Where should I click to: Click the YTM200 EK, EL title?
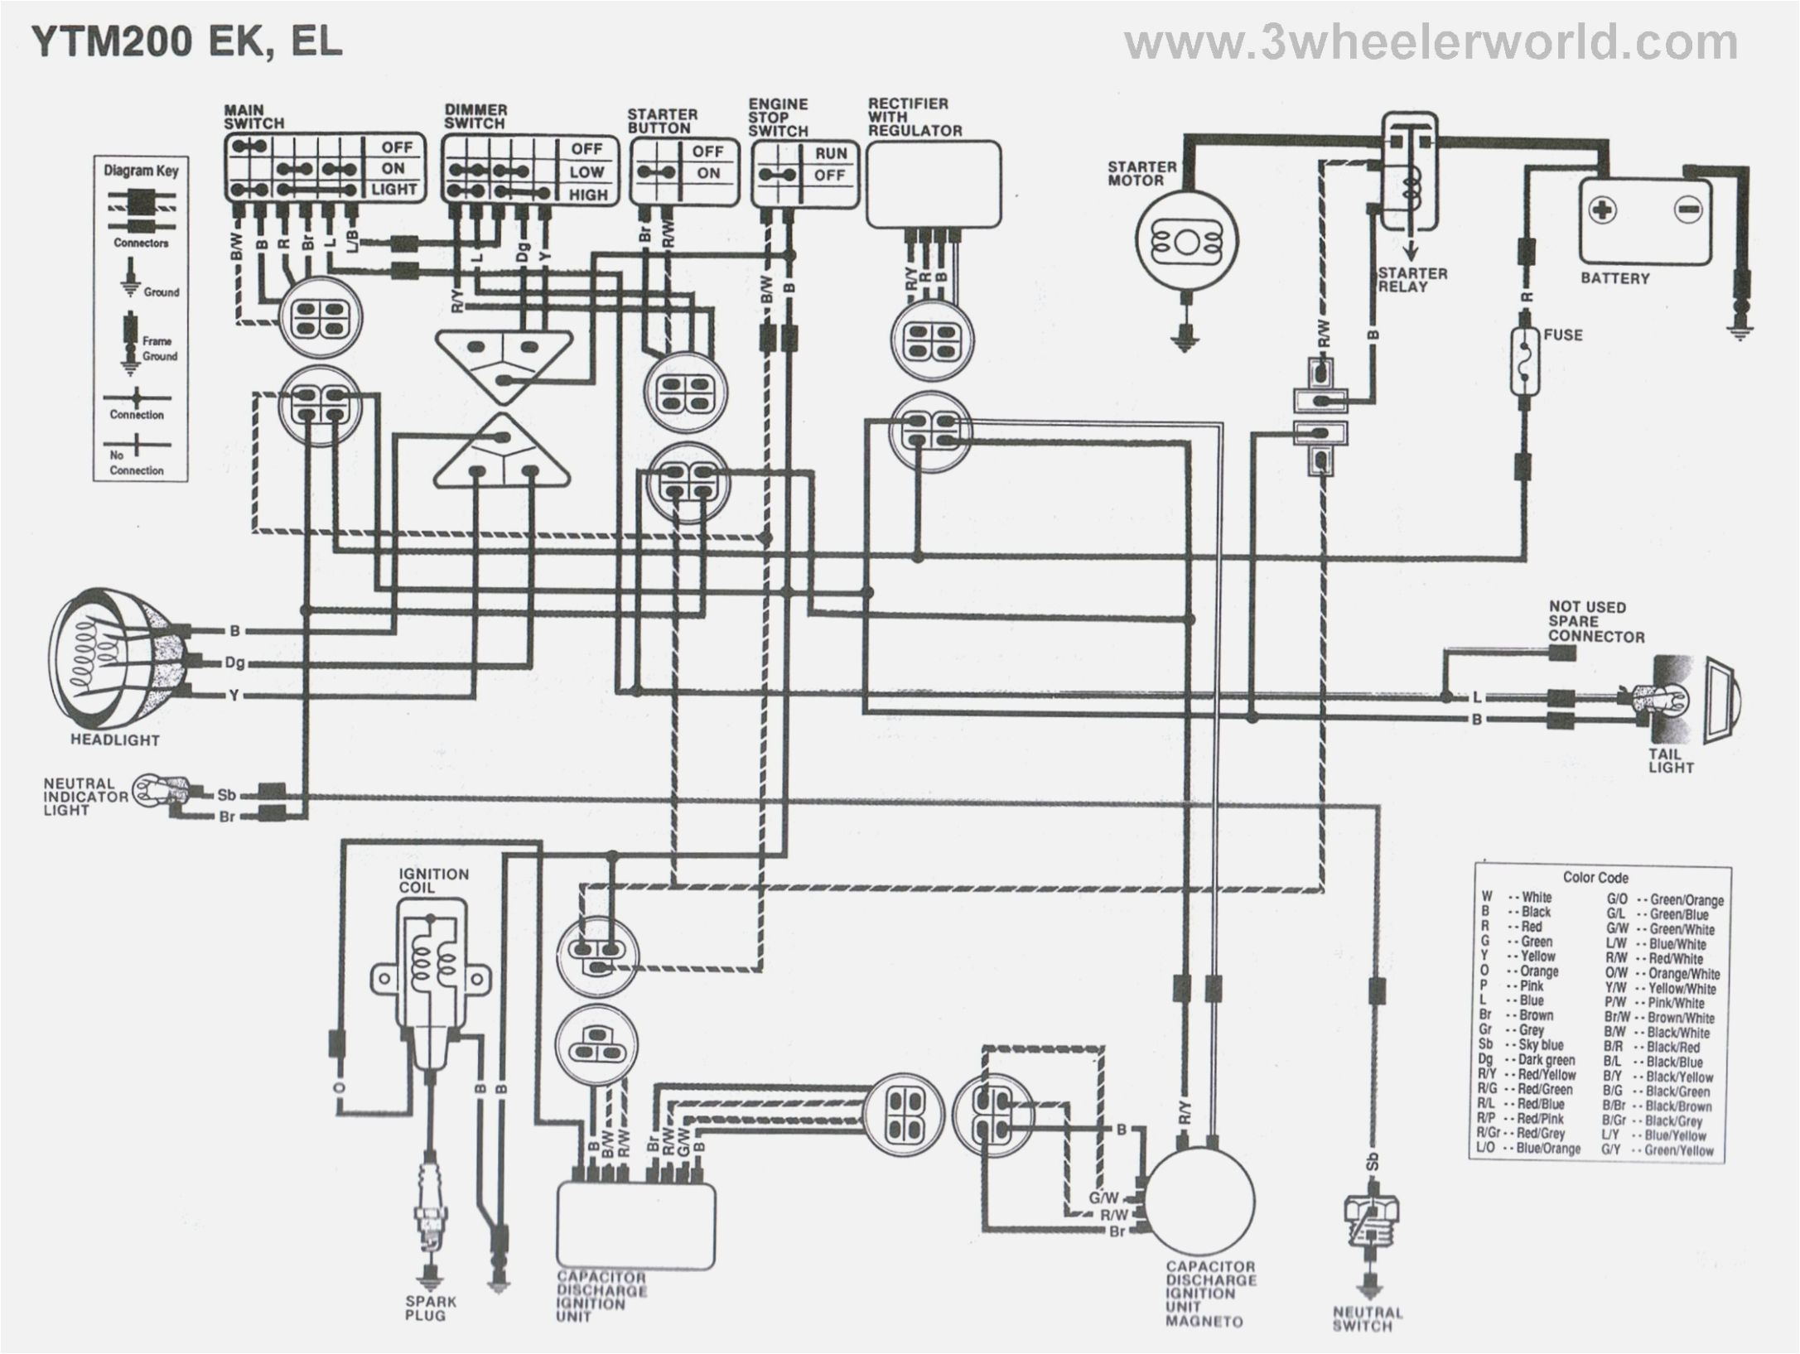pyautogui.click(x=187, y=41)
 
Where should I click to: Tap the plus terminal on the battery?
pyautogui.click(x=1602, y=210)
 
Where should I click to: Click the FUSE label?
pyautogui.click(x=1562, y=335)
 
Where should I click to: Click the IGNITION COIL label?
pyautogui.click(x=433, y=880)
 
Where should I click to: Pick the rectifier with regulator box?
pyautogui.click(x=933, y=184)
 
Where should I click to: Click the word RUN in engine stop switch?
pyautogui.click(x=830, y=153)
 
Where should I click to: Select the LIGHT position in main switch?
pyautogui.click(x=393, y=189)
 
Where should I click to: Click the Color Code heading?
pyautogui.click(x=1595, y=877)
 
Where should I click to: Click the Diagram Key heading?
pyautogui.click(x=140, y=171)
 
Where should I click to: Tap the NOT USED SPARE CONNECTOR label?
pyautogui.click(x=1595, y=621)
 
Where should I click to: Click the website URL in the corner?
pyautogui.click(x=1431, y=41)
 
